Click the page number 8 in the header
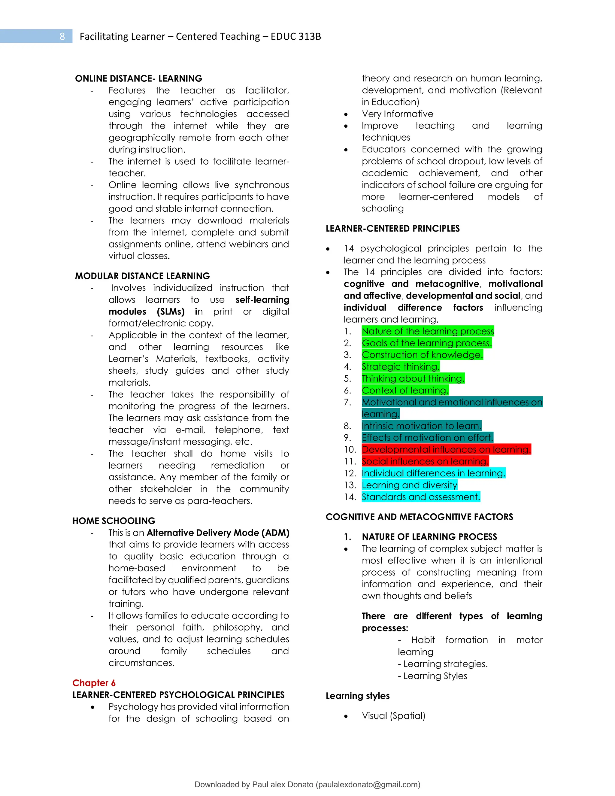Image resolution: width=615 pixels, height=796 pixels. click(62, 36)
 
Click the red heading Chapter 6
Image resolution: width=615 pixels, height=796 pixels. click(94, 683)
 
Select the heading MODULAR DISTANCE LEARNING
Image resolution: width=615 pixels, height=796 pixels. click(142, 276)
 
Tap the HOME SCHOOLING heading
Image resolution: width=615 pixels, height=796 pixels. click(114, 521)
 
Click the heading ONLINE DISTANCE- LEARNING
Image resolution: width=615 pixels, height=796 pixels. click(138, 78)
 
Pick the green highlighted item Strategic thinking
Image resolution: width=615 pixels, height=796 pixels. click(400, 367)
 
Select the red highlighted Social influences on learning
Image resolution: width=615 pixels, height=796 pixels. click(425, 461)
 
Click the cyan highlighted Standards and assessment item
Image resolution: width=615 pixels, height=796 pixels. click(420, 497)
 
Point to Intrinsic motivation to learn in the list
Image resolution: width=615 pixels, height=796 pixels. click(421, 426)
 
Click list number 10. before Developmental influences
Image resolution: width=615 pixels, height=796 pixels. click(350, 450)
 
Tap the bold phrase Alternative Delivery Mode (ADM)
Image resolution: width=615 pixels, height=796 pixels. click(218, 533)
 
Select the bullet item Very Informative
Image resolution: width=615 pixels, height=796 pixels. click(397, 114)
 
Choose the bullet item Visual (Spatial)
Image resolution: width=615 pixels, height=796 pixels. click(393, 716)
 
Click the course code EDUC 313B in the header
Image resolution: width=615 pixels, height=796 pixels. click(295, 36)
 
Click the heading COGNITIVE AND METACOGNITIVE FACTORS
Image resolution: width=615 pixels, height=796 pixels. click(419, 517)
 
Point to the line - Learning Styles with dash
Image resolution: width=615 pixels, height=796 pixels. click(432, 676)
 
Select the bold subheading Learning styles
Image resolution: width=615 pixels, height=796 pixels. click(357, 696)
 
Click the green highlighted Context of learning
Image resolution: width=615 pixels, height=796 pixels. click(405, 390)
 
